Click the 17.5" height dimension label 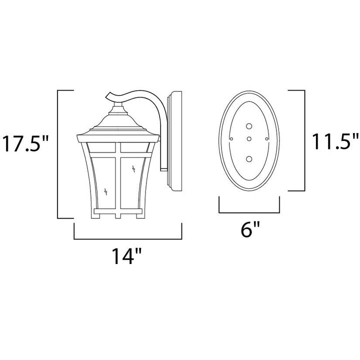tap(25, 143)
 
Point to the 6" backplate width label tap(250, 229)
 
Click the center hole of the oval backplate tap(249, 139)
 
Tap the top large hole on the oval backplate tap(249, 126)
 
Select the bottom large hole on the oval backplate tap(249, 159)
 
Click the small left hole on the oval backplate tap(231, 138)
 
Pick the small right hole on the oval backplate tap(267, 138)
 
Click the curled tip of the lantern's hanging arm tap(108, 95)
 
